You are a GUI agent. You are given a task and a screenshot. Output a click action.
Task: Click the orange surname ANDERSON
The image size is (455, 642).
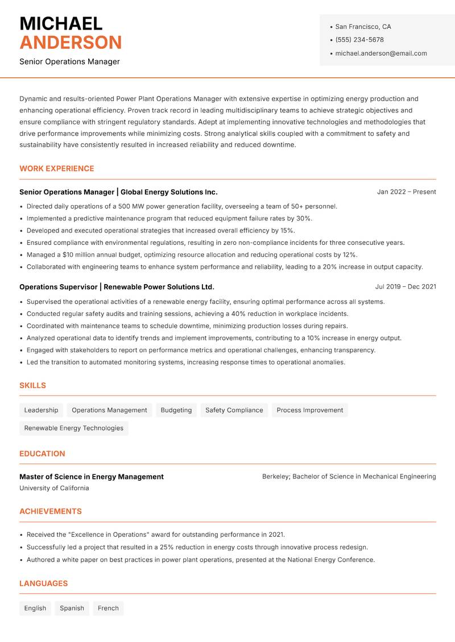[71, 43]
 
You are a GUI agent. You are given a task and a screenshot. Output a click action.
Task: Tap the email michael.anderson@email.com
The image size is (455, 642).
[380, 53]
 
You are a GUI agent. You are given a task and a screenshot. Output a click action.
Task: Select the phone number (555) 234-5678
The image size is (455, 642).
[359, 40]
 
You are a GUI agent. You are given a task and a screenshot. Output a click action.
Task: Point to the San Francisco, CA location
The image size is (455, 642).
[363, 27]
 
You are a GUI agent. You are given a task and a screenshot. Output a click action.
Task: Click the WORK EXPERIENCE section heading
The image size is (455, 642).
[56, 169]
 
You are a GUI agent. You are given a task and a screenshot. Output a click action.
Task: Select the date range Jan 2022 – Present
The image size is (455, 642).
[406, 192]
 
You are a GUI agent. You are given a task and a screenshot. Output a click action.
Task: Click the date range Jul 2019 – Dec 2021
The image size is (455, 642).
[405, 287]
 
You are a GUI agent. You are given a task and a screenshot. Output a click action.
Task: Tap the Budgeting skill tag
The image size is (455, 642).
[176, 410]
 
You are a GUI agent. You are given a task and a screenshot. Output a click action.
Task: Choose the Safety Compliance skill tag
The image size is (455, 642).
[234, 410]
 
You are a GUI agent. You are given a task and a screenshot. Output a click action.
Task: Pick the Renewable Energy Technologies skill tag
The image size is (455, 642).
[73, 428]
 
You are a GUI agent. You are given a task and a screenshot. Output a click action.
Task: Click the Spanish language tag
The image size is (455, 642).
[72, 608]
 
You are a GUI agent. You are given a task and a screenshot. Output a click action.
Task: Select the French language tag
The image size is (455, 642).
[108, 608]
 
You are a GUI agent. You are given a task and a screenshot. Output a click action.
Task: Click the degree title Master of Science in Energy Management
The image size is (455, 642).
[91, 477]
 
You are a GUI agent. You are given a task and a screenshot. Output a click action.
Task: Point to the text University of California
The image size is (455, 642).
[54, 488]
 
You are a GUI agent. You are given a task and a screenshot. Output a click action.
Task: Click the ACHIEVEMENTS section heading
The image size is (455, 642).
[50, 511]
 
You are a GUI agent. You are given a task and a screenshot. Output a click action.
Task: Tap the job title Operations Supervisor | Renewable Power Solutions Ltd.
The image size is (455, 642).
[117, 287]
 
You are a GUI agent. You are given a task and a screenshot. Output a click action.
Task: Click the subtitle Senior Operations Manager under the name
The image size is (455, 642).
[69, 61]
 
